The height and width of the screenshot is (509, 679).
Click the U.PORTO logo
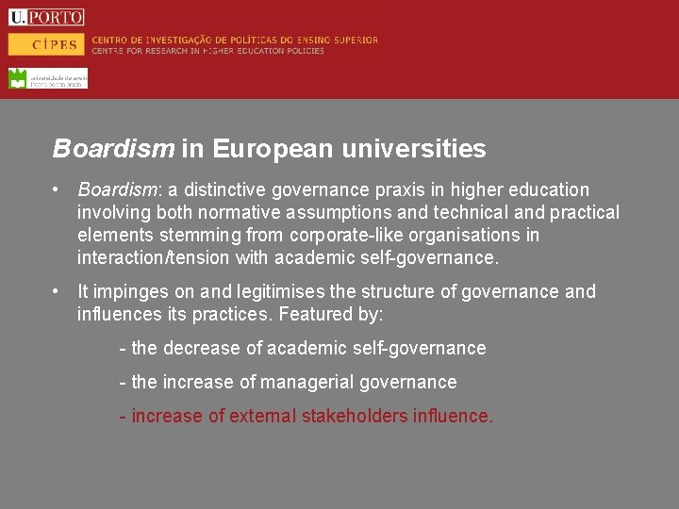click(46, 17)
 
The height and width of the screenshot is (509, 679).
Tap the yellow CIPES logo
click(46, 44)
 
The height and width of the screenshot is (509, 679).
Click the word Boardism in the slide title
click(113, 149)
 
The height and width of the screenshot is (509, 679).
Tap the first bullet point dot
click(58, 190)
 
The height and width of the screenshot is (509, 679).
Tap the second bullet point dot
click(58, 292)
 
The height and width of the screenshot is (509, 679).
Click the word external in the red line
click(262, 417)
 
